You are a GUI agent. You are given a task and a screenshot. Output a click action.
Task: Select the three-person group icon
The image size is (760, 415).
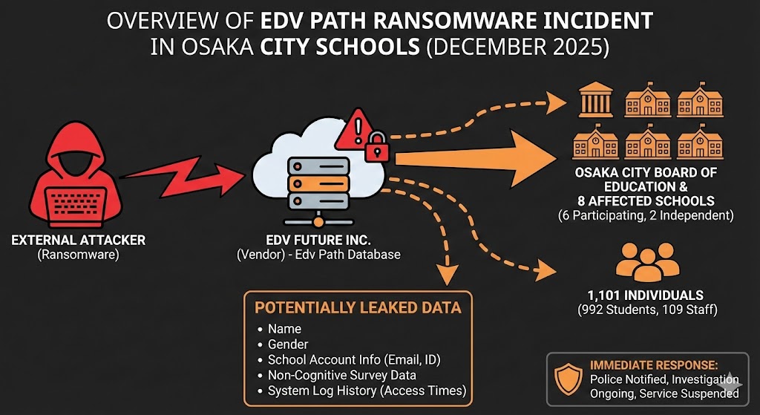click(638, 261)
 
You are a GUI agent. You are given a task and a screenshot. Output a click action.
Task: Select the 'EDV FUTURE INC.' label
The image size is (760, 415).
click(318, 241)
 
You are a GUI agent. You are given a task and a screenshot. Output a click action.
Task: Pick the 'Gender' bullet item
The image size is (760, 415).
click(288, 344)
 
